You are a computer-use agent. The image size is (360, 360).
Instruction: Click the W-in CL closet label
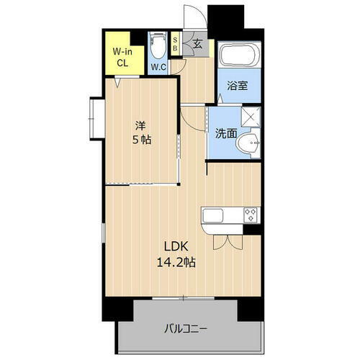click(x=120, y=57)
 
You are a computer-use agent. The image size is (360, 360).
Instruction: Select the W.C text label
click(x=158, y=68)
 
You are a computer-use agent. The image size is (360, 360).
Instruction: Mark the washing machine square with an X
click(x=251, y=116)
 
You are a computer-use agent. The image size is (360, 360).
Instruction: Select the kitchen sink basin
click(x=215, y=215)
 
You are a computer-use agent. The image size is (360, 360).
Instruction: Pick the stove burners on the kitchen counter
click(x=251, y=215)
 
